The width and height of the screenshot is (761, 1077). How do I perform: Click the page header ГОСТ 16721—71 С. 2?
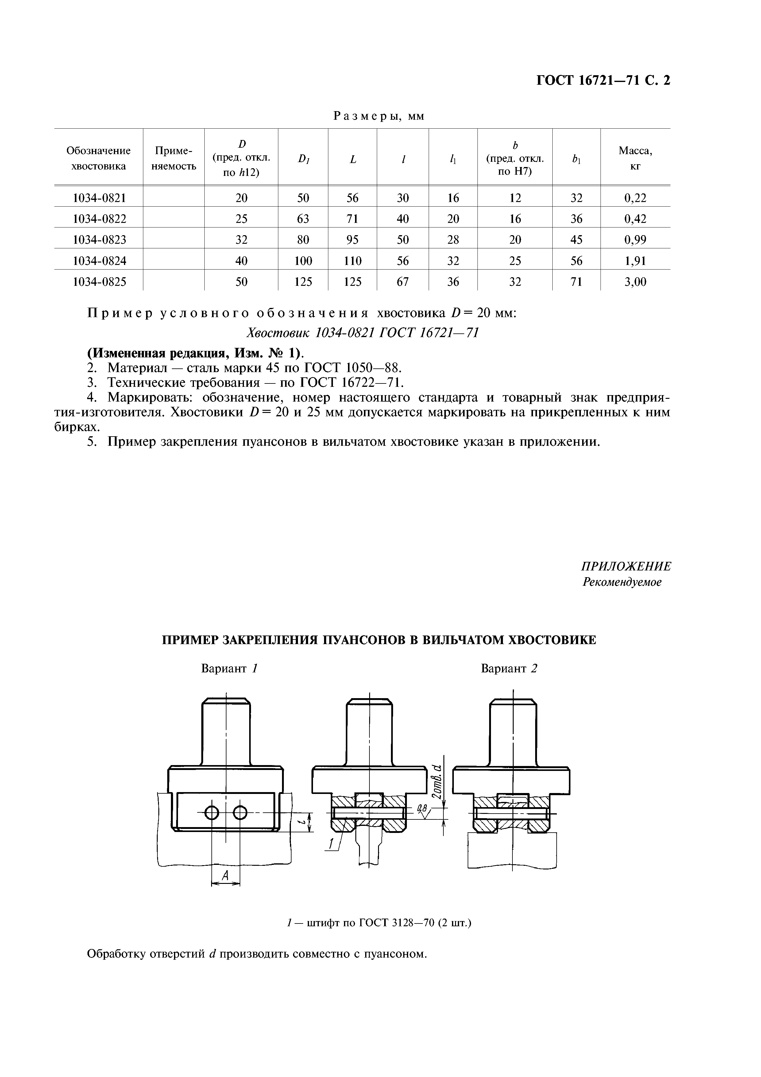[603, 81]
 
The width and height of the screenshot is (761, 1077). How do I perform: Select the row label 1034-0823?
[99, 240]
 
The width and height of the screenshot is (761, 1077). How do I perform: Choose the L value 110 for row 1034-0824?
[352, 261]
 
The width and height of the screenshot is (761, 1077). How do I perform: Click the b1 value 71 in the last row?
[576, 282]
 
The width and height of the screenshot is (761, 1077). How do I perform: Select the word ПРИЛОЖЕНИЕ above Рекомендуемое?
[626, 567]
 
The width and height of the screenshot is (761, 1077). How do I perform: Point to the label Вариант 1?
[230, 668]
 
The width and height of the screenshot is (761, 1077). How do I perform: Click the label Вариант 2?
[509, 668]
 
